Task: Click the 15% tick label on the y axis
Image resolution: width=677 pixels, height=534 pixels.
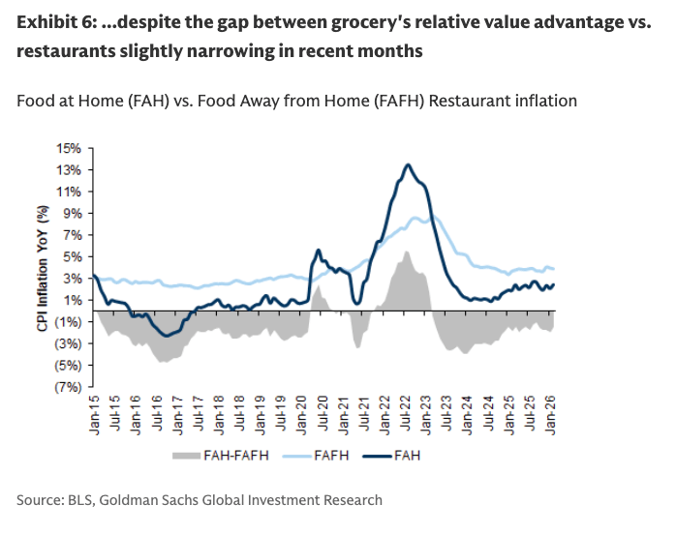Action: coord(69,148)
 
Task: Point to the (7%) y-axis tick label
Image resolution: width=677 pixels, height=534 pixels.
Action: coord(67,387)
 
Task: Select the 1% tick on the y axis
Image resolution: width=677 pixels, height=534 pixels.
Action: coord(73,300)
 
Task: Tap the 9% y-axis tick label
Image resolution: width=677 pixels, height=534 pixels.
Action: coord(73,213)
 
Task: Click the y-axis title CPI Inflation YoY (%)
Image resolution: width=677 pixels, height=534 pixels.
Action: coord(43,268)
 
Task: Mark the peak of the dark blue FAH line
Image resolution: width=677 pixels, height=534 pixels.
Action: coord(408,165)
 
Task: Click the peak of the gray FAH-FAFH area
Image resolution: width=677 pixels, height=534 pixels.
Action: coord(408,252)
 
